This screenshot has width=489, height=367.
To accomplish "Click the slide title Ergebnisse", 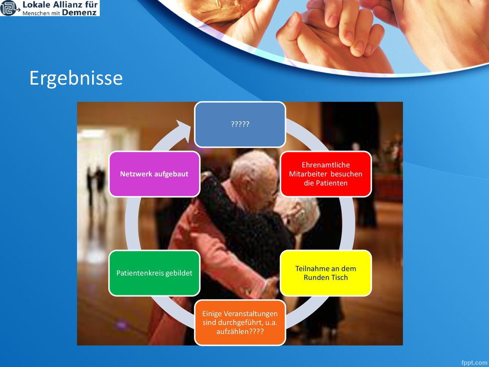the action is (x=76, y=78).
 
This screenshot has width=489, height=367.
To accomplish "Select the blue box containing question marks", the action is (x=240, y=124).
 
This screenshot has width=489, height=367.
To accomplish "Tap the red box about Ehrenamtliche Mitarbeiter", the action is (x=326, y=174).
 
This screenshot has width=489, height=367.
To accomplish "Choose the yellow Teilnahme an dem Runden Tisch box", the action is (x=326, y=273).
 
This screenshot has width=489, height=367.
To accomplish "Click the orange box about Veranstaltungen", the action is (x=240, y=323).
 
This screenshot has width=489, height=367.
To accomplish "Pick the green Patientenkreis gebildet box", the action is (x=154, y=273).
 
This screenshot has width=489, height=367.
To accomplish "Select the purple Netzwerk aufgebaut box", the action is (x=154, y=174).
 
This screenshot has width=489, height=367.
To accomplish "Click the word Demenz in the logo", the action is (x=79, y=12).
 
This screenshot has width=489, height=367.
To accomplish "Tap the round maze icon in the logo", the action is (x=9, y=8).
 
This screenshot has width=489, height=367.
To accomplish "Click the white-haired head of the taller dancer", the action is (x=253, y=175).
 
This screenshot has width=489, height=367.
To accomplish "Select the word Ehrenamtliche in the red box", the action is (x=326, y=165).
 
